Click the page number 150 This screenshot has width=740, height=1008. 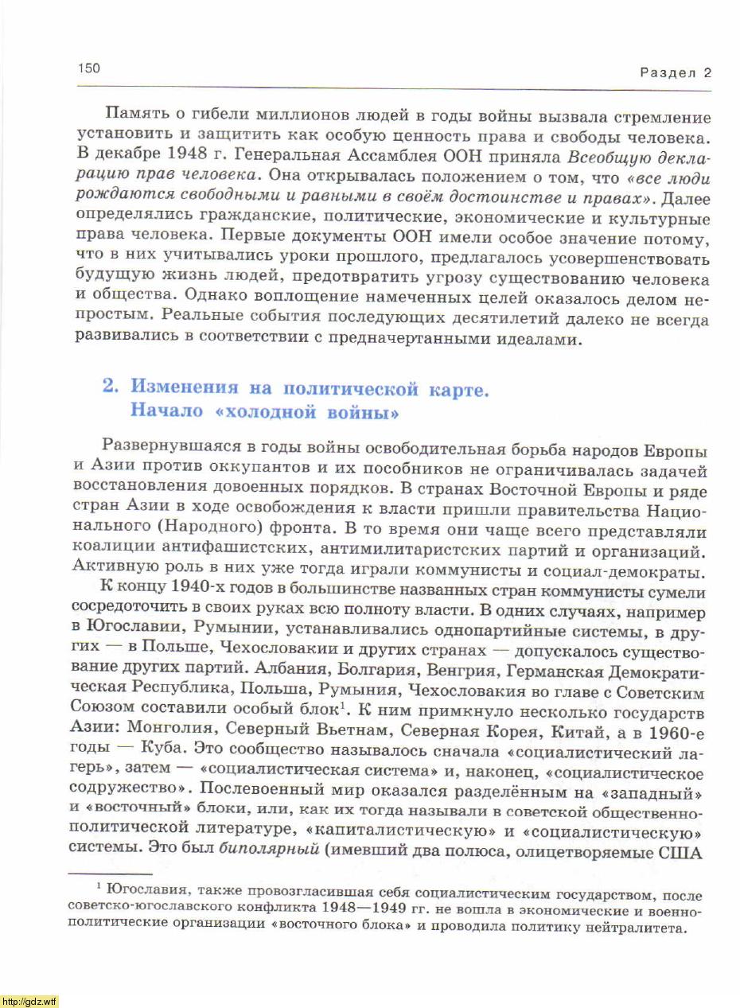pos(89,68)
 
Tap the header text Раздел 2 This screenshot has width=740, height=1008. pos(676,73)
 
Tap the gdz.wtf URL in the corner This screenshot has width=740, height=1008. pos(29,1001)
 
